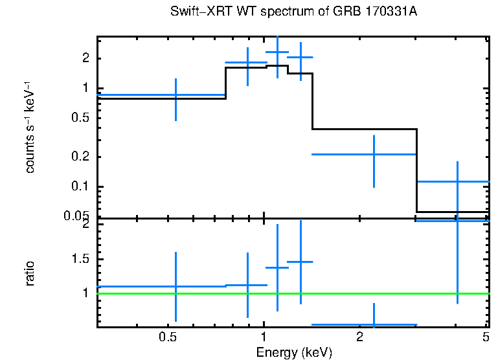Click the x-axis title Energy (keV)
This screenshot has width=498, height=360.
click(294, 352)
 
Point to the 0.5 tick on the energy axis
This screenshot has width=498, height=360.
click(168, 337)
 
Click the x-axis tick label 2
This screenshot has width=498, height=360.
click(359, 337)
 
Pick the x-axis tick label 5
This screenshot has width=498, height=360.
click(486, 337)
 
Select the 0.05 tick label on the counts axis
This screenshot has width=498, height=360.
click(82, 216)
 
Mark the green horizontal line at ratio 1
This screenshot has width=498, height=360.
click(291, 293)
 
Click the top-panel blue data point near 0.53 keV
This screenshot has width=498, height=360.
click(175, 95)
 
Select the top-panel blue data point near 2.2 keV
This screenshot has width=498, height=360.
click(374, 154)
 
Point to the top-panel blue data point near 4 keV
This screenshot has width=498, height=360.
click(457, 181)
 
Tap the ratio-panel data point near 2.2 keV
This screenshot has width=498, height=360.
click(374, 324)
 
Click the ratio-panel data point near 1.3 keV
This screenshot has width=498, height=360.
click(300, 262)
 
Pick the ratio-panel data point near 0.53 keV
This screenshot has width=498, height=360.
click(175, 286)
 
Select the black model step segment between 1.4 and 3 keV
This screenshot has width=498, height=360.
click(365, 129)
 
